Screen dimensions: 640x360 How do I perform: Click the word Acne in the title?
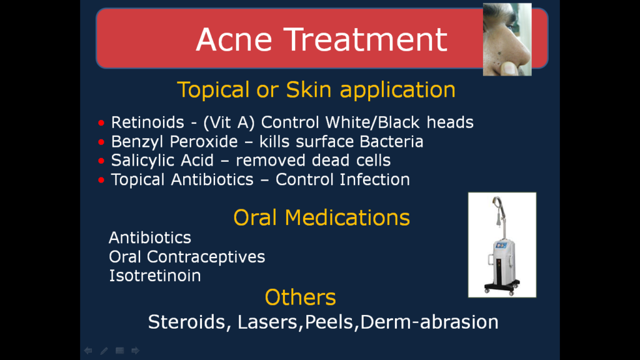point(234,39)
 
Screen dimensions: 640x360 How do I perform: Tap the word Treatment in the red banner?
point(366,39)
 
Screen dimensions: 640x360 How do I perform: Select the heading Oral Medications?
point(322,217)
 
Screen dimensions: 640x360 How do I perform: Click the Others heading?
point(301,297)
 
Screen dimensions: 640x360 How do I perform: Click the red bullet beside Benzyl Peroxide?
point(101,142)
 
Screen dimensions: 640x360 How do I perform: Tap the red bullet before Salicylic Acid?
point(101,161)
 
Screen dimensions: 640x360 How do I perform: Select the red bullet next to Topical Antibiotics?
point(101,180)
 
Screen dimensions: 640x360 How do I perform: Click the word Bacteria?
point(391,142)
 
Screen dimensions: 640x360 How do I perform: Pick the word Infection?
point(375,179)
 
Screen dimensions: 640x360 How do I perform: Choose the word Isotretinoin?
point(155,276)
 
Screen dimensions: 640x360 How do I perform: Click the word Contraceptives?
point(206,257)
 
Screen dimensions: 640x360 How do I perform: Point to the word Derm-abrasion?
point(429,322)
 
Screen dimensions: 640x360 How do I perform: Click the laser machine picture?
point(502,245)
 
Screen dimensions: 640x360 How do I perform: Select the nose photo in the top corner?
point(507,39)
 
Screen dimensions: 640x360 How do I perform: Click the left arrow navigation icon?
point(87,351)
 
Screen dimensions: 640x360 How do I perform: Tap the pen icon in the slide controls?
point(104,351)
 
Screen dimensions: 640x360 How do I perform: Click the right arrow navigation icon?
point(136,351)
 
